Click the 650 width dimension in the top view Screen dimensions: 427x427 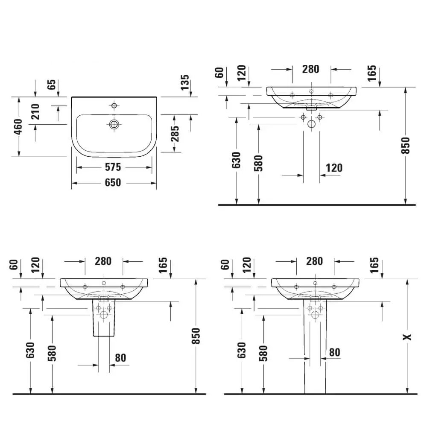click(113, 183)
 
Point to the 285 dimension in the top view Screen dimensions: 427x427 click(175, 133)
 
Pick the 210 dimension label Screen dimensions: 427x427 click(35, 112)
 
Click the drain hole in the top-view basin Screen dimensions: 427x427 click(114, 124)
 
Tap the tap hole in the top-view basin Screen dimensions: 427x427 click(114, 105)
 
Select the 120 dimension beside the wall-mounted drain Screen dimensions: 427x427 click(333, 168)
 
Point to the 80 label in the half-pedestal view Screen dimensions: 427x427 click(120, 358)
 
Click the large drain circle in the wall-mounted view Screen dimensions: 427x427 click(311, 125)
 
